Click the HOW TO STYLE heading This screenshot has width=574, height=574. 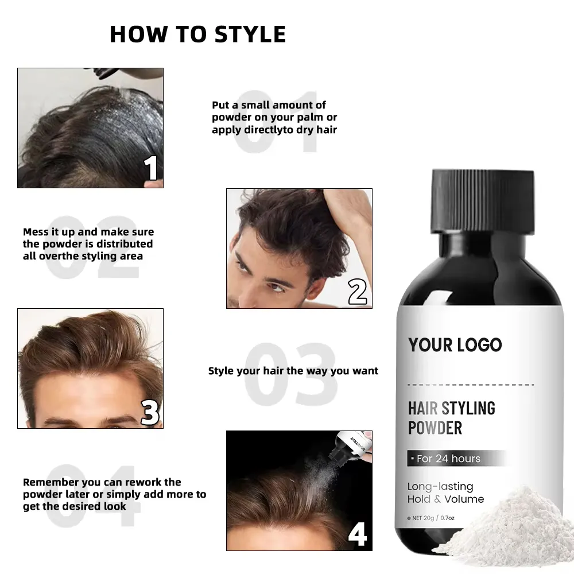point(197,34)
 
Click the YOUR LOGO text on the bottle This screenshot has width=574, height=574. point(455,345)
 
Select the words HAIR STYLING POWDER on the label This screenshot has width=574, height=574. point(451,418)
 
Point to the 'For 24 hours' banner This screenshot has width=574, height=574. point(456,458)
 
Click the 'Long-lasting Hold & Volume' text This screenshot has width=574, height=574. point(445,492)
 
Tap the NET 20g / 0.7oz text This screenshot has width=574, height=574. point(430,518)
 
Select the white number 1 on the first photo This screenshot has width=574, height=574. point(150,168)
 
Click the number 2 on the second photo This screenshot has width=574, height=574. point(357,292)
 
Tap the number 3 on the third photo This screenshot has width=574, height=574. point(150,412)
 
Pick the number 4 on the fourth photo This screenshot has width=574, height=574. point(357,534)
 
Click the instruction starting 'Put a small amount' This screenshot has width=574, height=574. point(274,117)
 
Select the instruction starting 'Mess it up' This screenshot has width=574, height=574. point(88,244)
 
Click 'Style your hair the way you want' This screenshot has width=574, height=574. point(293,371)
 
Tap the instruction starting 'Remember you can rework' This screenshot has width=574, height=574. point(115,494)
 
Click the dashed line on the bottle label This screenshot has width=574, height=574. point(471,385)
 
